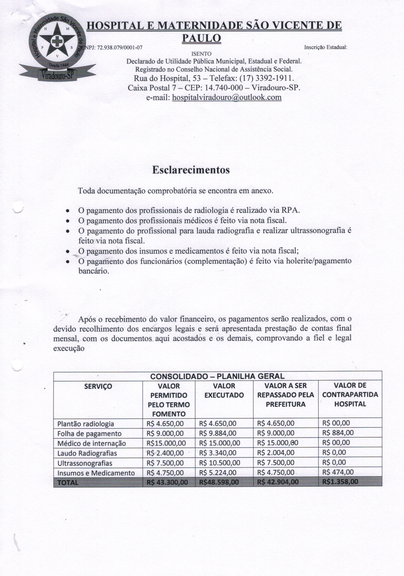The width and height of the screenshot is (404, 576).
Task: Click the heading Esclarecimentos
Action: pyautogui.click(x=191, y=170)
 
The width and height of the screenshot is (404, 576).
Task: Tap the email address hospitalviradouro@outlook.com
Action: pyautogui.click(x=226, y=97)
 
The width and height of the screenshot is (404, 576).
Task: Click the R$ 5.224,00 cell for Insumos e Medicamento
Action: pyautogui.click(x=218, y=473)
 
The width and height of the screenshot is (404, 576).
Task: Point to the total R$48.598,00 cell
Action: pyautogui.click(x=219, y=482)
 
